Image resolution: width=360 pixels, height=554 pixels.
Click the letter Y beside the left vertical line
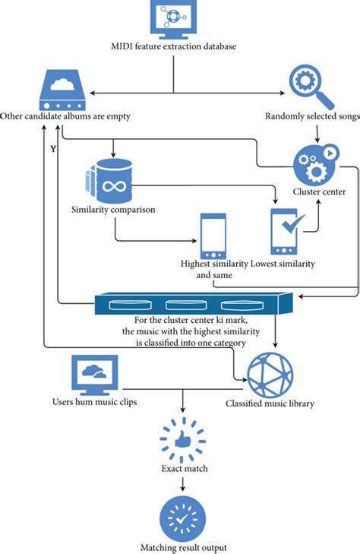pyautogui.click(x=52, y=149)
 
